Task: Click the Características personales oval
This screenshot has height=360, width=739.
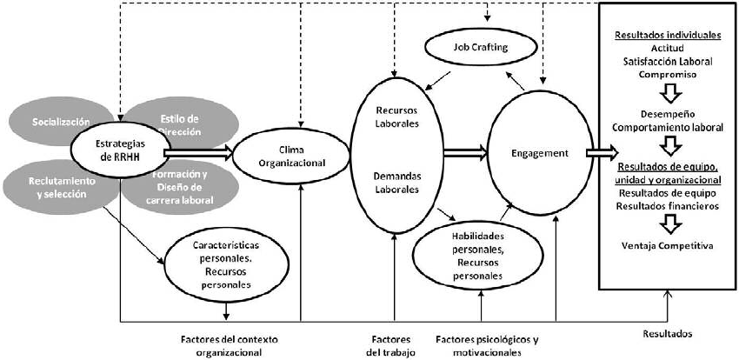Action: [225, 264]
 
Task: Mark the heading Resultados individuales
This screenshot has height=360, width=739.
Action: [668, 36]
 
